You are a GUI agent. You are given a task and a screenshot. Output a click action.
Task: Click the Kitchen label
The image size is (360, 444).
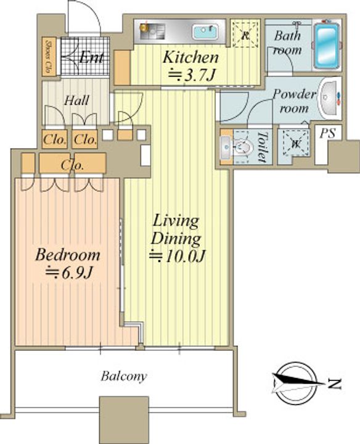coord(190,57)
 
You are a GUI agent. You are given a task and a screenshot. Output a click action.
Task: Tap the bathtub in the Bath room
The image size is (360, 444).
coord(327,45)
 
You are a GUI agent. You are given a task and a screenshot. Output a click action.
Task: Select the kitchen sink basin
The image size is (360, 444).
coord(205,31)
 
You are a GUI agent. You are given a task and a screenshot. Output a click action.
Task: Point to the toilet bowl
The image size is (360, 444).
coord(242,147)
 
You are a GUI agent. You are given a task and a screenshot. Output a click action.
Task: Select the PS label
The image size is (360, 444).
coord(328,133)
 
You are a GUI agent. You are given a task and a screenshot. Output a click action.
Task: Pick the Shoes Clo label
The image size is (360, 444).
coord(49,57)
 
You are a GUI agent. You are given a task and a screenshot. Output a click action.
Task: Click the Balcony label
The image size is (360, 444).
coord(124,376)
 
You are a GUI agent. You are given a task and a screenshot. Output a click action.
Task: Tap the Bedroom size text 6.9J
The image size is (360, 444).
coord(69,273)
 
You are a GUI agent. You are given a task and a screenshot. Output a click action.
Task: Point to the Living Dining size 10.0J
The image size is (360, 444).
coord(177,257)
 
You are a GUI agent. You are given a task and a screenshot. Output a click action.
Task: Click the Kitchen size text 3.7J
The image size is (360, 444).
coord(192,75)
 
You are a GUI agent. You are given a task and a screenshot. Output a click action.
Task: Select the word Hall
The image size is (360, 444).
coord(76,101)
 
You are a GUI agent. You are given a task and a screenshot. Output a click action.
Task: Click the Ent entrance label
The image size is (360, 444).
coord(91,57)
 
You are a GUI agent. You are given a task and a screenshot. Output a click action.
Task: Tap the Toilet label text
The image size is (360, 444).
coord(262,147)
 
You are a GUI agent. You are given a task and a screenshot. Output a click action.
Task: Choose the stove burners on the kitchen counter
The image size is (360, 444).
coord(152,31)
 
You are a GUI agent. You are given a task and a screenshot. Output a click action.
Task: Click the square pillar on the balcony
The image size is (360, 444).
coord(124,420)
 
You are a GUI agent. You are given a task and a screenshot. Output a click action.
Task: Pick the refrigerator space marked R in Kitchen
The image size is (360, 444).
coord(245,34)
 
